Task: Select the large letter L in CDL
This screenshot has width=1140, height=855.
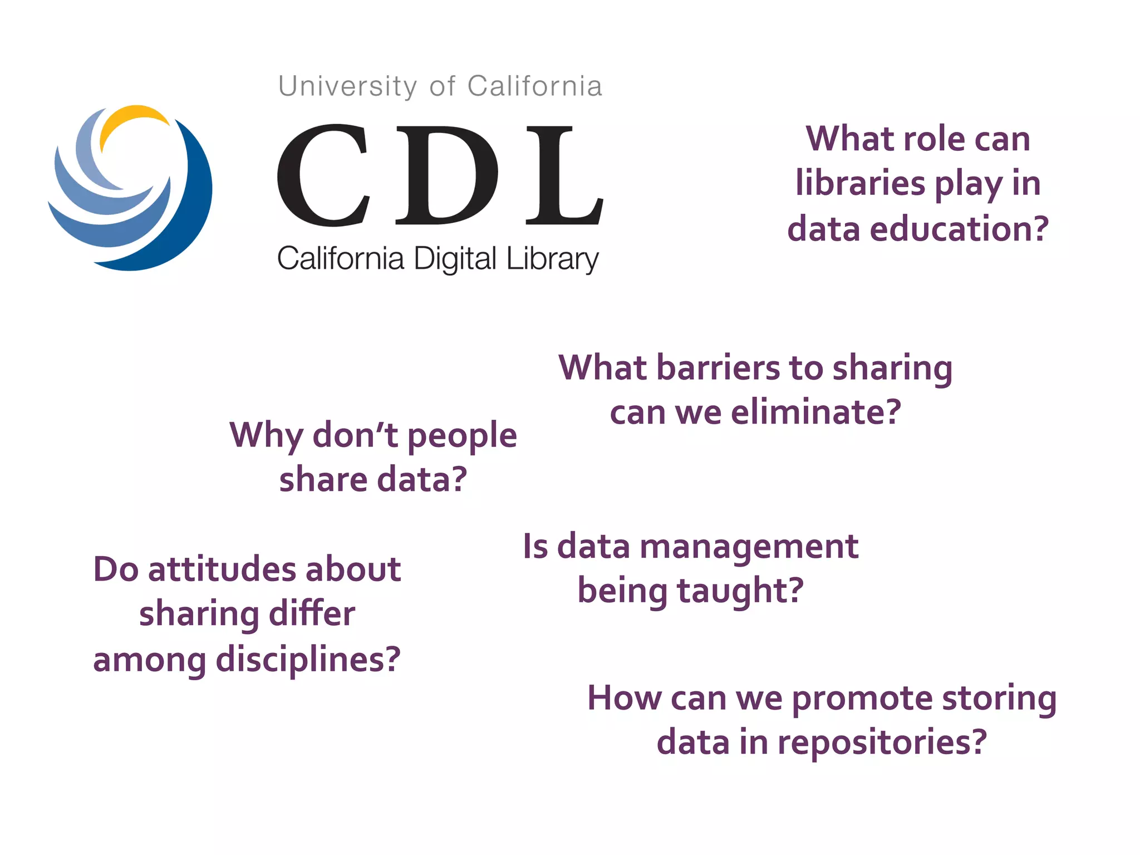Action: tap(562, 175)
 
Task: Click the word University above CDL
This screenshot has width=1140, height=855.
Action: tap(347, 87)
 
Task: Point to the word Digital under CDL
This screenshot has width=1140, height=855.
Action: tap(455, 259)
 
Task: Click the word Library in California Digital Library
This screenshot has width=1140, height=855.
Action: tap(552, 259)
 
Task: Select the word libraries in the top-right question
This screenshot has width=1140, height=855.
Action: tap(859, 183)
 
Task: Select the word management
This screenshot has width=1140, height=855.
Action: tap(749, 547)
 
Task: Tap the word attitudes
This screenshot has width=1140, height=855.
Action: tap(222, 569)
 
